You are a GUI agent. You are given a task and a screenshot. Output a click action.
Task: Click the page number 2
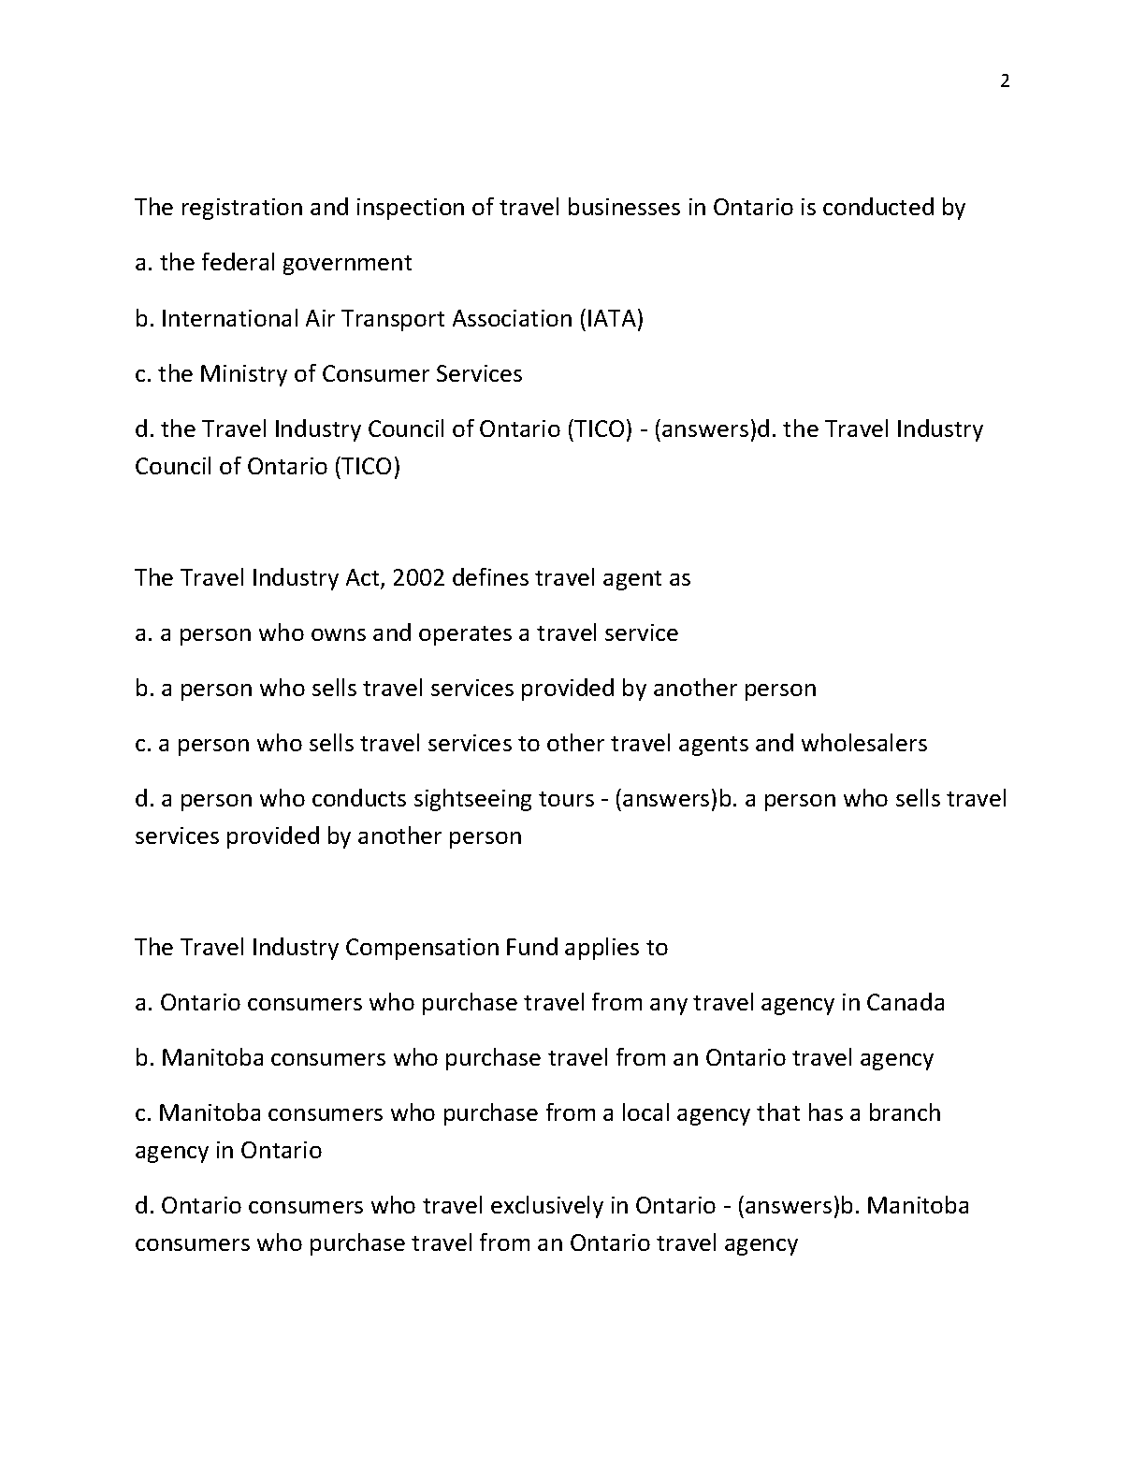[1005, 81]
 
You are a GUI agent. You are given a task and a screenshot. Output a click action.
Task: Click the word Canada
[906, 1003]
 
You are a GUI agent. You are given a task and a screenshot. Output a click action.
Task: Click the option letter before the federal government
[143, 263]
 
